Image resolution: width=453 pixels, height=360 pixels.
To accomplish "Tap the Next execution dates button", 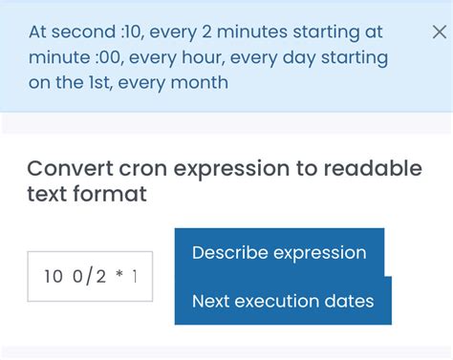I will pos(283,301).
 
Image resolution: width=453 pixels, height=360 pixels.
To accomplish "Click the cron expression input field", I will pos(90,277).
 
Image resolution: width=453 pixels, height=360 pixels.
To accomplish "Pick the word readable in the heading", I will pos(372,169).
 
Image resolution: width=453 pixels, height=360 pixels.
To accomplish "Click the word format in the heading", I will pos(114,195).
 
